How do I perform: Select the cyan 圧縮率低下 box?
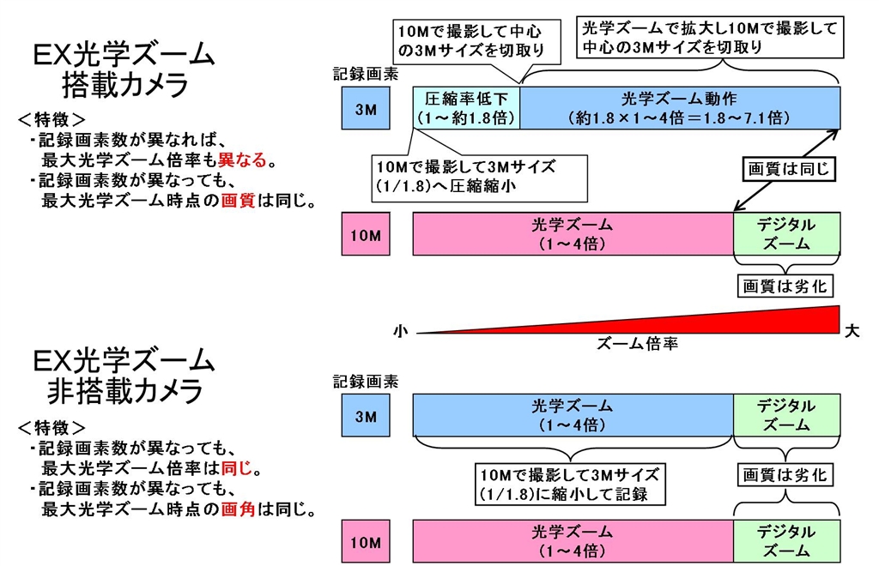(466, 108)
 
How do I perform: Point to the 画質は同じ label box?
(787, 170)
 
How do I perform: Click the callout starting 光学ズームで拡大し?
(708, 38)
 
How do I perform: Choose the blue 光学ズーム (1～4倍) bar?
(573, 415)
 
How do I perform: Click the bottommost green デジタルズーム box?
(786, 541)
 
